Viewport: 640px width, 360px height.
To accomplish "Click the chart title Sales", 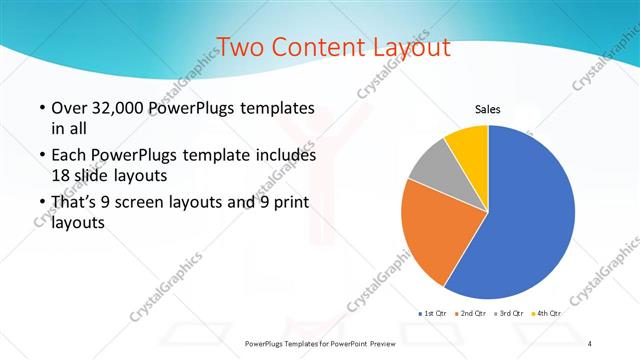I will pos(487,109).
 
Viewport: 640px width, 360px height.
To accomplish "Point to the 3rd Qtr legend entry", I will pos(511,313).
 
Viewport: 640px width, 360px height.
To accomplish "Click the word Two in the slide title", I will pos(240,47).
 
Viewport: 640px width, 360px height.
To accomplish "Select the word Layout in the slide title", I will pos(406,47).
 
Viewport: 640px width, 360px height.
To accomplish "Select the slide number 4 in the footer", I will pos(590,343).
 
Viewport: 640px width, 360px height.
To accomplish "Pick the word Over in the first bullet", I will pos(69,108).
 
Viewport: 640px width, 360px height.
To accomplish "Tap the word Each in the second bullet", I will pos(68,156).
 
